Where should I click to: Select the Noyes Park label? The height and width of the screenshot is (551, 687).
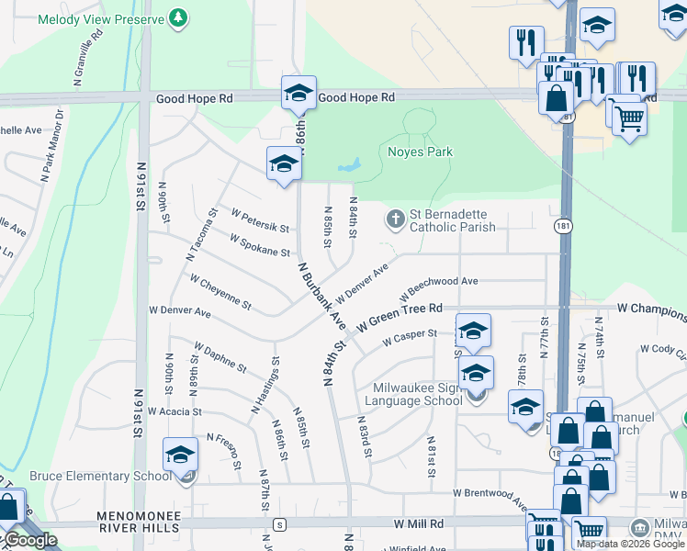tap(421, 152)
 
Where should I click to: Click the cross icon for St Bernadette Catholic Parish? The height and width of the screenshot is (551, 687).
tap(395, 219)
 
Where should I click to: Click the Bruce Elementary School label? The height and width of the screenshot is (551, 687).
tap(100, 476)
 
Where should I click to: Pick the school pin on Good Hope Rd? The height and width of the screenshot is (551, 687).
tap(298, 93)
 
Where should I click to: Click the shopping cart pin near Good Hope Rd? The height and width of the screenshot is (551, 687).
tap(629, 118)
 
